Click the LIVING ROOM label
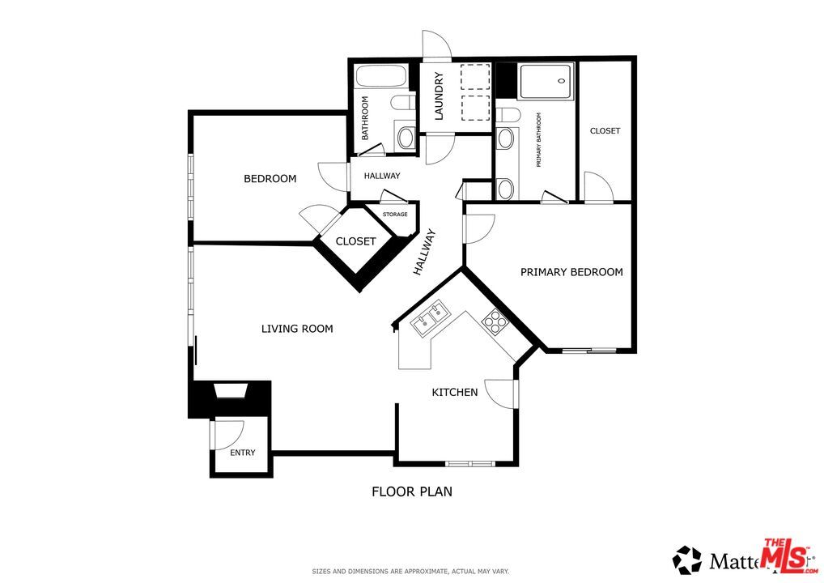click(297, 329)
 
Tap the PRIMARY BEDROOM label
click(571, 272)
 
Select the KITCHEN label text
click(454, 393)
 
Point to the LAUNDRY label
click(440, 96)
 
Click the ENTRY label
click(242, 453)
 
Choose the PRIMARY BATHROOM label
click(537, 139)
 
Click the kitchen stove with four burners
click(494, 322)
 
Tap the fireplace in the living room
click(231, 393)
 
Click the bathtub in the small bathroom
click(382, 79)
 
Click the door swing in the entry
click(225, 436)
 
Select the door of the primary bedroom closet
click(597, 187)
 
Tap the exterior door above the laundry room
click(436, 45)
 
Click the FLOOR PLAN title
click(411, 491)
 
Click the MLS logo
click(785, 555)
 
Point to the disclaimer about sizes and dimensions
click(410, 571)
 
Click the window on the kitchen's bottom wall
click(469, 463)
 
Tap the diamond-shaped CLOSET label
click(355, 241)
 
